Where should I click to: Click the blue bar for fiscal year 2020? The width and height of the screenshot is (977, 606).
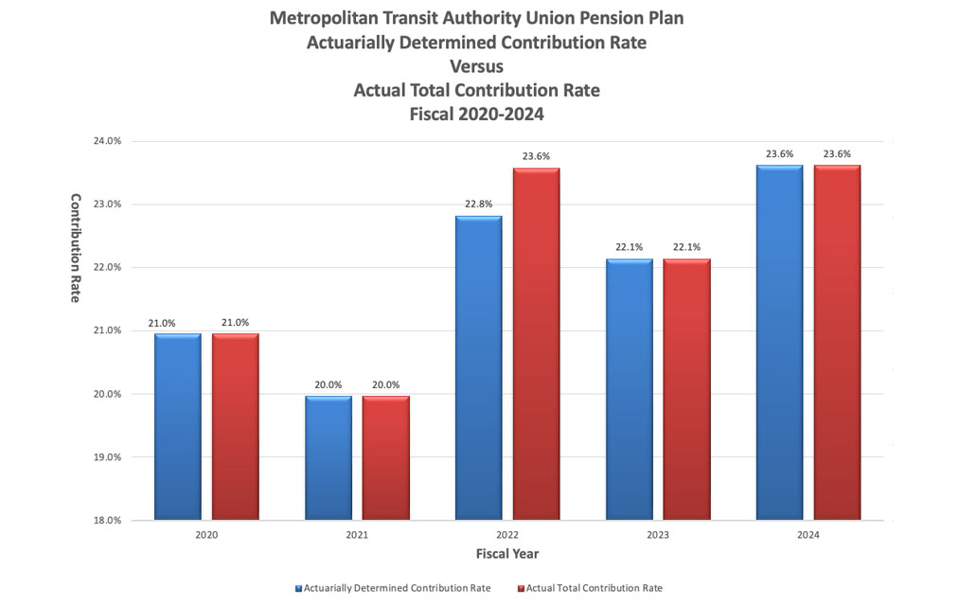177,426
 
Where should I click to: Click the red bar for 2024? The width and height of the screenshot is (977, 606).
837,342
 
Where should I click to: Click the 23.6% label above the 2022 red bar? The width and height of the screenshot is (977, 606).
537,156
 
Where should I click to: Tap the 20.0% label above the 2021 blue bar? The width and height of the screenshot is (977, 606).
328,384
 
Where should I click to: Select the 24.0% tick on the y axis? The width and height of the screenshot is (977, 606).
107,141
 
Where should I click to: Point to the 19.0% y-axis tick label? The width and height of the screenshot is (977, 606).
107,457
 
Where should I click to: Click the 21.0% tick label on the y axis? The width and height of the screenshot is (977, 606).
107,330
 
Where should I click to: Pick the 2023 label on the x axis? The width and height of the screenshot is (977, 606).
658,536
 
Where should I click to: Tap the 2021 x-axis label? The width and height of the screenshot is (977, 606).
357,536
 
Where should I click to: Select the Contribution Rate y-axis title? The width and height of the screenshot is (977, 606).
77,248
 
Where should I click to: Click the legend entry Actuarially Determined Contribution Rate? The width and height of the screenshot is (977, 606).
398,588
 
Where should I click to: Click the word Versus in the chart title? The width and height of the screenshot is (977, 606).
476,67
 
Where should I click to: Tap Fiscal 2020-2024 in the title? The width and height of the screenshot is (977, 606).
476,114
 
